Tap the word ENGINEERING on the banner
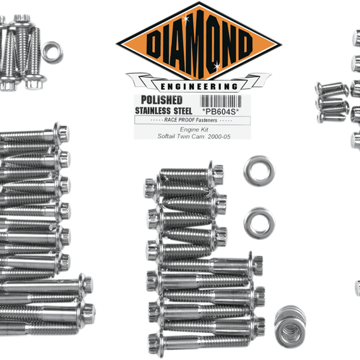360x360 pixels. (199, 87)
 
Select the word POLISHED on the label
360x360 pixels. (162, 100)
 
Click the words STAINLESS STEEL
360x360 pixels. (164, 111)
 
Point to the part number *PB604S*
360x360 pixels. (220, 112)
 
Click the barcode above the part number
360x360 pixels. (220, 101)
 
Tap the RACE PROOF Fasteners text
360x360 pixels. (191, 120)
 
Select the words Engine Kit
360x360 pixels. (194, 129)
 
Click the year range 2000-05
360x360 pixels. (219, 136)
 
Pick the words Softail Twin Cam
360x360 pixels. (181, 136)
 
